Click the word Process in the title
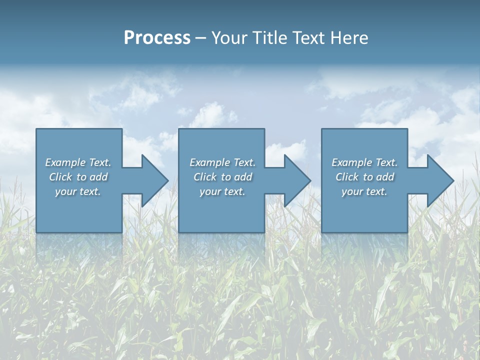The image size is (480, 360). coord(157,38)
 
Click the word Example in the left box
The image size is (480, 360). coord(65,162)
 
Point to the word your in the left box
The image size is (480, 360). coord(65,191)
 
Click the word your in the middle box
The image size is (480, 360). coord(209,191)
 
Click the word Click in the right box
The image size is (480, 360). coord(347,177)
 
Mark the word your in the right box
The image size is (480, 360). coord(351,191)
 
